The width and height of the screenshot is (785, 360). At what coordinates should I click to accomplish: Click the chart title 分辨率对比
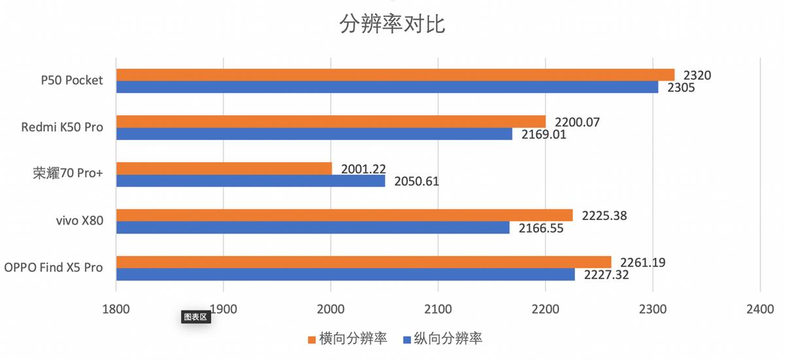click(392, 24)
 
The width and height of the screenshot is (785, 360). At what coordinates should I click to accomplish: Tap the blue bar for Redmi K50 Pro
click(314, 134)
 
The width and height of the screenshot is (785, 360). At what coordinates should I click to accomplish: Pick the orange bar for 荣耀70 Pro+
click(224, 168)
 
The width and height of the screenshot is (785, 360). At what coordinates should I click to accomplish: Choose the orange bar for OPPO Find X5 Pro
click(363, 262)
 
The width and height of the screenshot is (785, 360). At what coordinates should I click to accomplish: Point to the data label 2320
click(697, 75)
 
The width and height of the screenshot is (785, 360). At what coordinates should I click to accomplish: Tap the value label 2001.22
click(363, 168)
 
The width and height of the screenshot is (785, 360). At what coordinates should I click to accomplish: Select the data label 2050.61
click(417, 181)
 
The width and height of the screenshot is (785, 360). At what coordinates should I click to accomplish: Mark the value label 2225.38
click(604, 215)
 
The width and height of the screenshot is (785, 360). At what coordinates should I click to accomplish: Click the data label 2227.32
click(606, 275)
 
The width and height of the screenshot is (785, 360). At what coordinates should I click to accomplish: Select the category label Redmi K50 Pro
click(62, 127)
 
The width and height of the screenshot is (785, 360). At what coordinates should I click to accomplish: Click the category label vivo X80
click(78, 221)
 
